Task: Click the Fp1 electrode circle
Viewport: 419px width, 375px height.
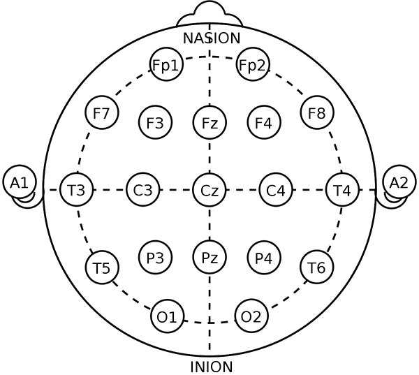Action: (x=166, y=65)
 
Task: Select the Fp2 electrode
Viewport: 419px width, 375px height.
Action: (x=252, y=65)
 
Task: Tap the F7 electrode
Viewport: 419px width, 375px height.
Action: (x=101, y=112)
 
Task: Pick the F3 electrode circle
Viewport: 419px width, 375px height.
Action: (x=155, y=123)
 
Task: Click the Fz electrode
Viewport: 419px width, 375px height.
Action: (x=209, y=123)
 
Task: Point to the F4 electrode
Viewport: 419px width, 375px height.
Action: (x=263, y=123)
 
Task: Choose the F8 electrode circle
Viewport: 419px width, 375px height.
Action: (x=317, y=112)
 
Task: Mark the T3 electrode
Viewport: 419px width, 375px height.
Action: (x=76, y=189)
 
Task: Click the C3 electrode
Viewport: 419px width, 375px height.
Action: (x=143, y=189)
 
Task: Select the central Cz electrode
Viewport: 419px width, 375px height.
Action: (x=209, y=189)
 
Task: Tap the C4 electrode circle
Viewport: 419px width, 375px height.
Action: (x=276, y=189)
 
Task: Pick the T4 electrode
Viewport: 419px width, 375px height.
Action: (x=342, y=189)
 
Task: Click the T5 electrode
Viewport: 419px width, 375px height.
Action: (x=102, y=267)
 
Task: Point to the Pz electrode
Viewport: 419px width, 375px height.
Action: (x=209, y=257)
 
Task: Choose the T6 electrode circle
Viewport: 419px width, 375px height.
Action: (x=317, y=267)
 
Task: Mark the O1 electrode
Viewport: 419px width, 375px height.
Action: (x=167, y=316)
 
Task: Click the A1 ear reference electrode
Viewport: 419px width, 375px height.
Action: (x=20, y=182)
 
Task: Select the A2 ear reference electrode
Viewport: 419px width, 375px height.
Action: (x=399, y=182)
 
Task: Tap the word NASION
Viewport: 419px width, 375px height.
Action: (x=212, y=38)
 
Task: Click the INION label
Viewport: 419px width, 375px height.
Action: (x=211, y=366)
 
